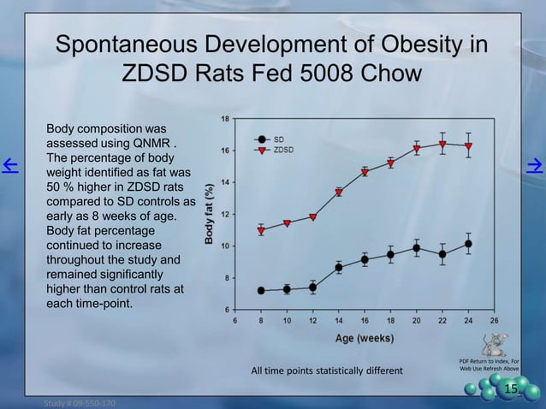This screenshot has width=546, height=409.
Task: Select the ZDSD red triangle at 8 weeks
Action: point(261,230)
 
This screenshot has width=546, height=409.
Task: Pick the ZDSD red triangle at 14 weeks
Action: point(339,193)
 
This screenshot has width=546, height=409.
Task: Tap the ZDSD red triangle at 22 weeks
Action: point(442,144)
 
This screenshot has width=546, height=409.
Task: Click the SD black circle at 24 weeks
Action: point(468,244)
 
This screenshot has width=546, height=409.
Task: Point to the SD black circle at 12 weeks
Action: point(313,287)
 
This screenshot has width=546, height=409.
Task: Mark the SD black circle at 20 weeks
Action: point(417,248)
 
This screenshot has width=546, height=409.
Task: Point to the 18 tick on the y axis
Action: point(223,118)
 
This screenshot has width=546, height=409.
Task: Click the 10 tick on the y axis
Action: point(223,246)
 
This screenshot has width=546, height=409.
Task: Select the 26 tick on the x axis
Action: point(494,321)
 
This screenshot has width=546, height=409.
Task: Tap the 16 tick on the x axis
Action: point(365,321)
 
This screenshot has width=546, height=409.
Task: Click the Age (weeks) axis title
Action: point(365,337)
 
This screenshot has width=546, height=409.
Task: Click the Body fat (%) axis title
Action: point(209,214)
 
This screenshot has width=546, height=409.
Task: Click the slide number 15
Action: point(511,391)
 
